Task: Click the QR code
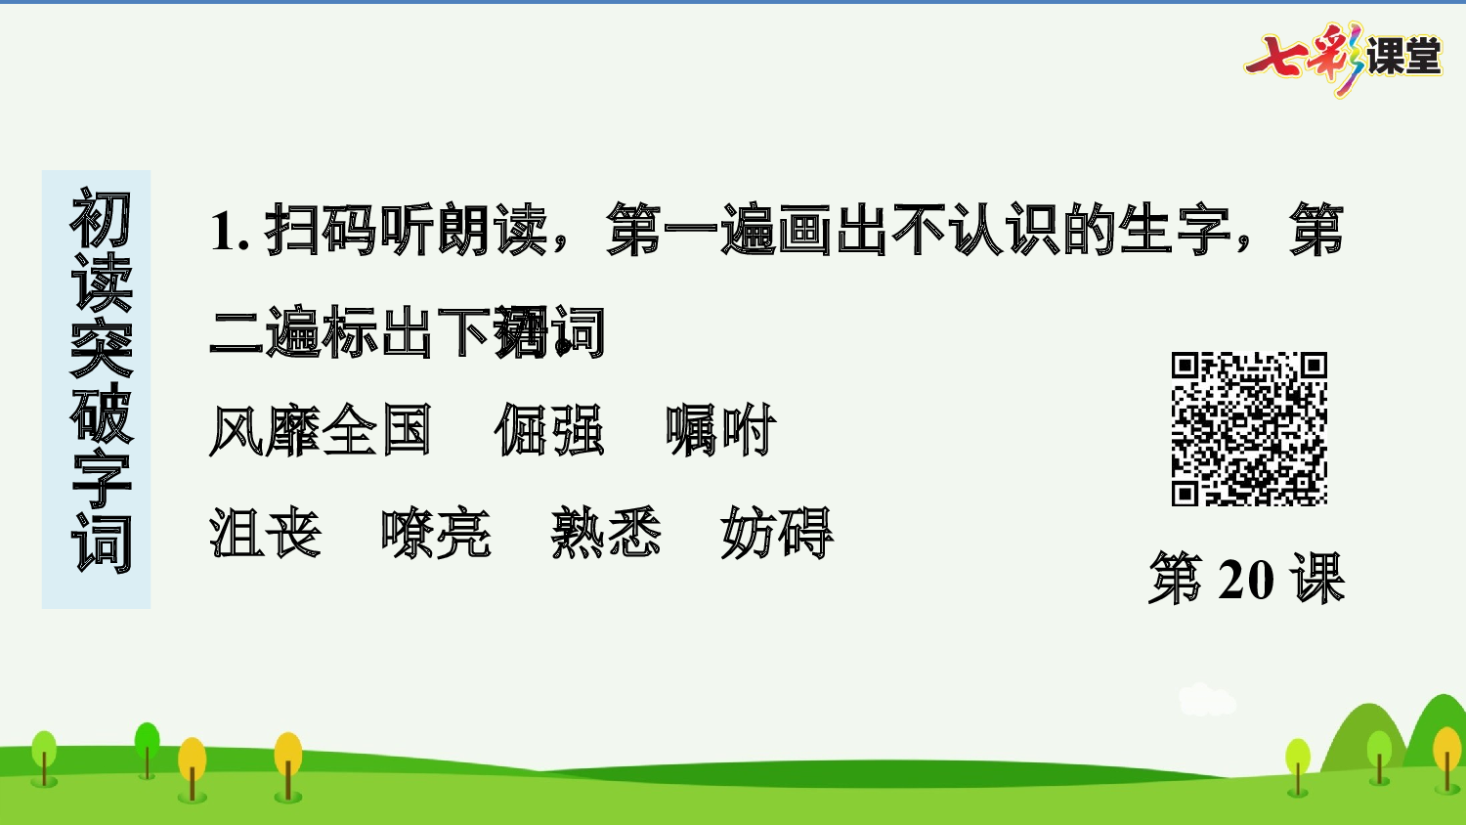tap(1249, 428)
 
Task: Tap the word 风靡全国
tap(321, 430)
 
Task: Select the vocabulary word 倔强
tap(549, 430)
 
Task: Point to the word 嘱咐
tap(720, 430)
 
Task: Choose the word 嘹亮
tap(436, 534)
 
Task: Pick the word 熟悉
tap(606, 534)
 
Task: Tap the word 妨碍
tap(777, 534)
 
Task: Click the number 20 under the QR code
tap(1246, 580)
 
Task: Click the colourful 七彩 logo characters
tap(1304, 58)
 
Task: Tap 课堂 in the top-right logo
tap(1403, 57)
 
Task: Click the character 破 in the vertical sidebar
tap(100, 413)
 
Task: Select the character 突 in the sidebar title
tap(100, 349)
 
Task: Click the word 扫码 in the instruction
tap(321, 231)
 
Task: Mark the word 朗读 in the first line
tap(492, 231)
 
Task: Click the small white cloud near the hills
tap(1206, 700)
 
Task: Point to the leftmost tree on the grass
tap(44, 756)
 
